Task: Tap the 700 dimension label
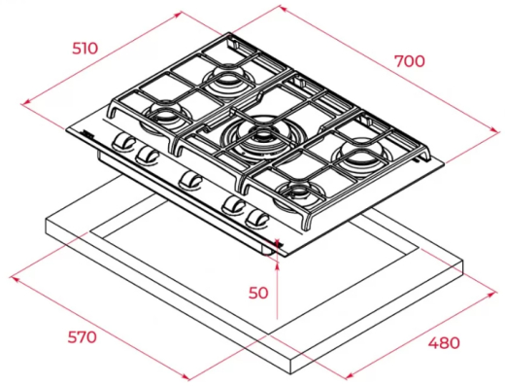pyautogui.click(x=409, y=60)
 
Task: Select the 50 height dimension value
pyautogui.click(x=256, y=292)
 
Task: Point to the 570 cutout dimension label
pyautogui.click(x=83, y=337)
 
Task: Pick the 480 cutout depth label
pyautogui.click(x=443, y=342)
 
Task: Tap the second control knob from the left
pyautogui.click(x=147, y=155)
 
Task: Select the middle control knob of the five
pyautogui.click(x=190, y=179)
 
